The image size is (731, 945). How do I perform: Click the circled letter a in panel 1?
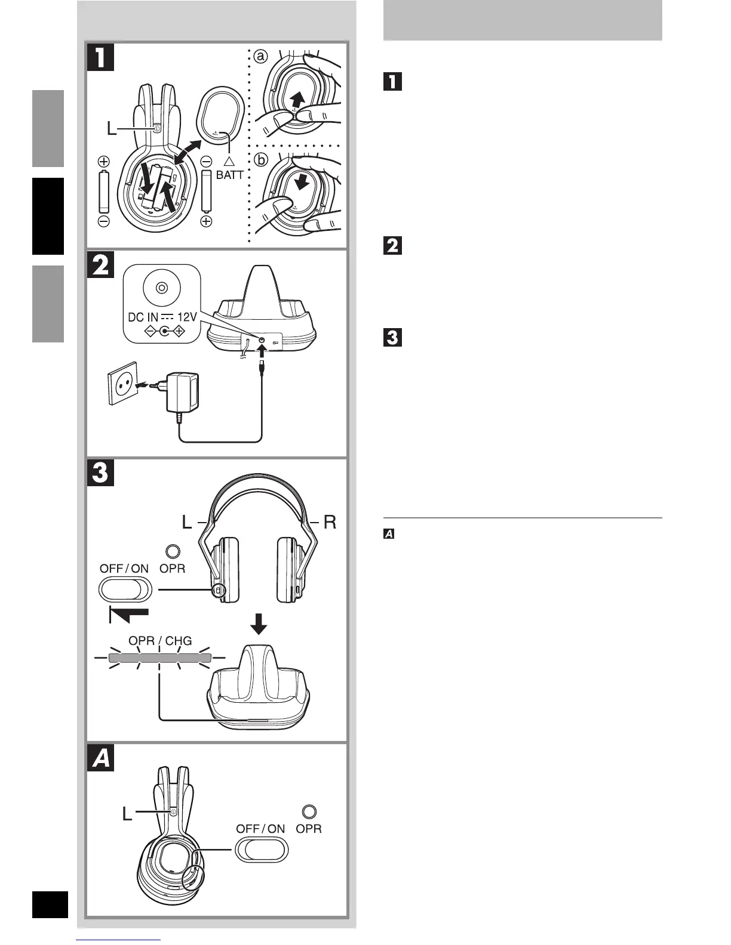(260, 57)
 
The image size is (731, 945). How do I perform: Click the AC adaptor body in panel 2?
(183, 396)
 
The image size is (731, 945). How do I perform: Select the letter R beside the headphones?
(330, 523)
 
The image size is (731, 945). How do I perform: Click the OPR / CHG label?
(161, 641)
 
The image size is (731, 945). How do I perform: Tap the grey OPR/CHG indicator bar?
(160, 658)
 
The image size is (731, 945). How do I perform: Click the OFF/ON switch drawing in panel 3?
(125, 591)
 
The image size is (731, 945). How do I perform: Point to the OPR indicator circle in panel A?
(309, 811)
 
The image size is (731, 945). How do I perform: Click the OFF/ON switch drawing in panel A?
(262, 849)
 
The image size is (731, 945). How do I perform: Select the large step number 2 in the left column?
(100, 264)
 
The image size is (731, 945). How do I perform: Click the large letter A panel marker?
(100, 758)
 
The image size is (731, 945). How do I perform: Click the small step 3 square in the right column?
(392, 338)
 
